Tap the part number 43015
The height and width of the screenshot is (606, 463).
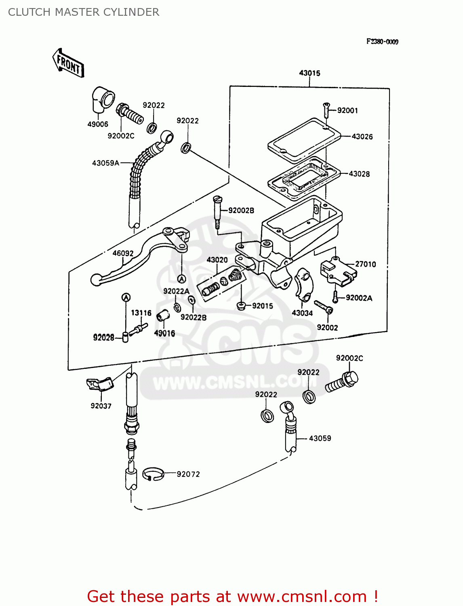(x=309, y=73)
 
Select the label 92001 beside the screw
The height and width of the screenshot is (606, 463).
(x=347, y=111)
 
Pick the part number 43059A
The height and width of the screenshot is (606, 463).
(x=105, y=163)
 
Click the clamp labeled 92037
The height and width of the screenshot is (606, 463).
(x=99, y=384)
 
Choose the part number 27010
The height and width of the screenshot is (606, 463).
(x=365, y=264)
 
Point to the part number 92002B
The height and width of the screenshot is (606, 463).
(x=241, y=210)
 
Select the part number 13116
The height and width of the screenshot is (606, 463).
(x=141, y=313)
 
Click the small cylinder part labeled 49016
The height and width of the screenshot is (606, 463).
(x=162, y=316)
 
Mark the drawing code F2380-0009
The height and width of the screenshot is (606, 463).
(x=382, y=42)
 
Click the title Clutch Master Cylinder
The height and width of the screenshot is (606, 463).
(x=84, y=12)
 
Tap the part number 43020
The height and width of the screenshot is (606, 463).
(x=217, y=260)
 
